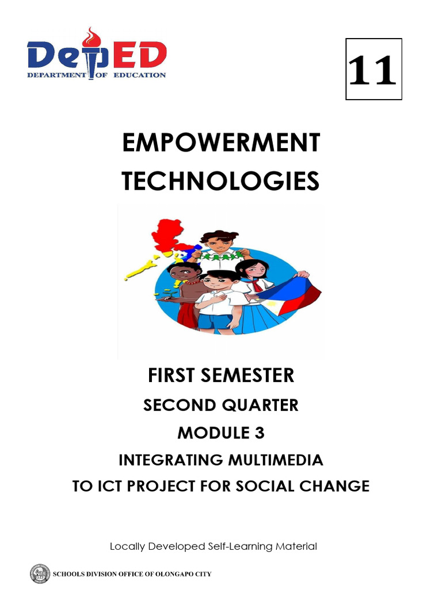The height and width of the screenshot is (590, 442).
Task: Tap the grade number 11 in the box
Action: click(x=374, y=70)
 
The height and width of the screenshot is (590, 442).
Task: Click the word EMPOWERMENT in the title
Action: click(x=220, y=143)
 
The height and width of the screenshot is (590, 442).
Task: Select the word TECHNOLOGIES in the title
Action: click(x=220, y=181)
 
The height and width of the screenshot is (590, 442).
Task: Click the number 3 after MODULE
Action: click(x=260, y=433)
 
